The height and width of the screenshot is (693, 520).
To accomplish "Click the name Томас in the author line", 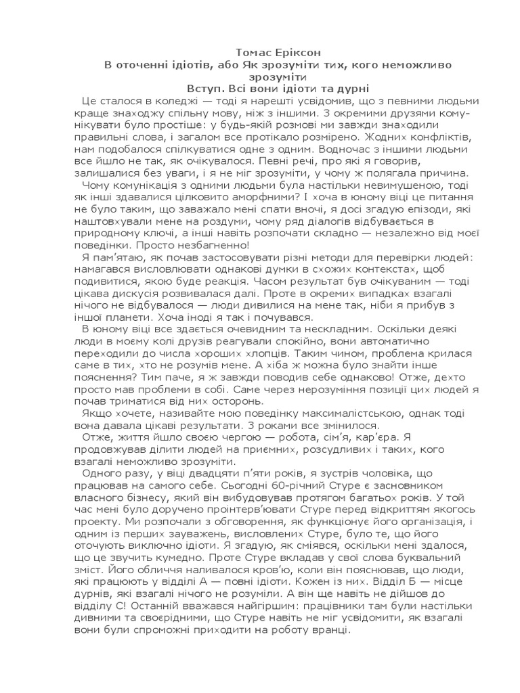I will [x=253, y=52].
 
